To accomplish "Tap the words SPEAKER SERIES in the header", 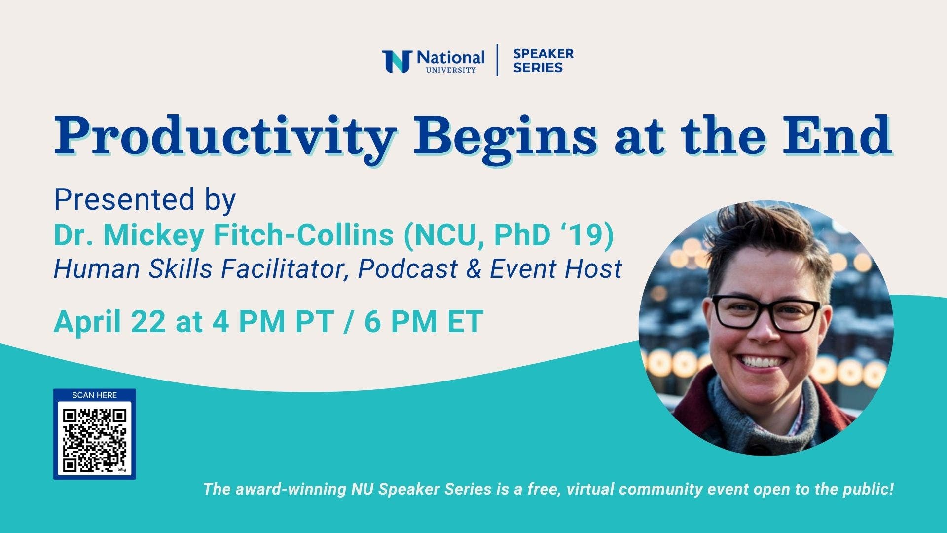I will pos(543,61).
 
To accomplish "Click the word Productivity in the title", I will pos(225,135).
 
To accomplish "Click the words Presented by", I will pos(145,200).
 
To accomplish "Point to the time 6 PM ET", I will pos(424,322).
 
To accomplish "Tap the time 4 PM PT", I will pos(272,322).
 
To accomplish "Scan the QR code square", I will pos(95,439).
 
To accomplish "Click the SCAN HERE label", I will pos(95,395).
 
